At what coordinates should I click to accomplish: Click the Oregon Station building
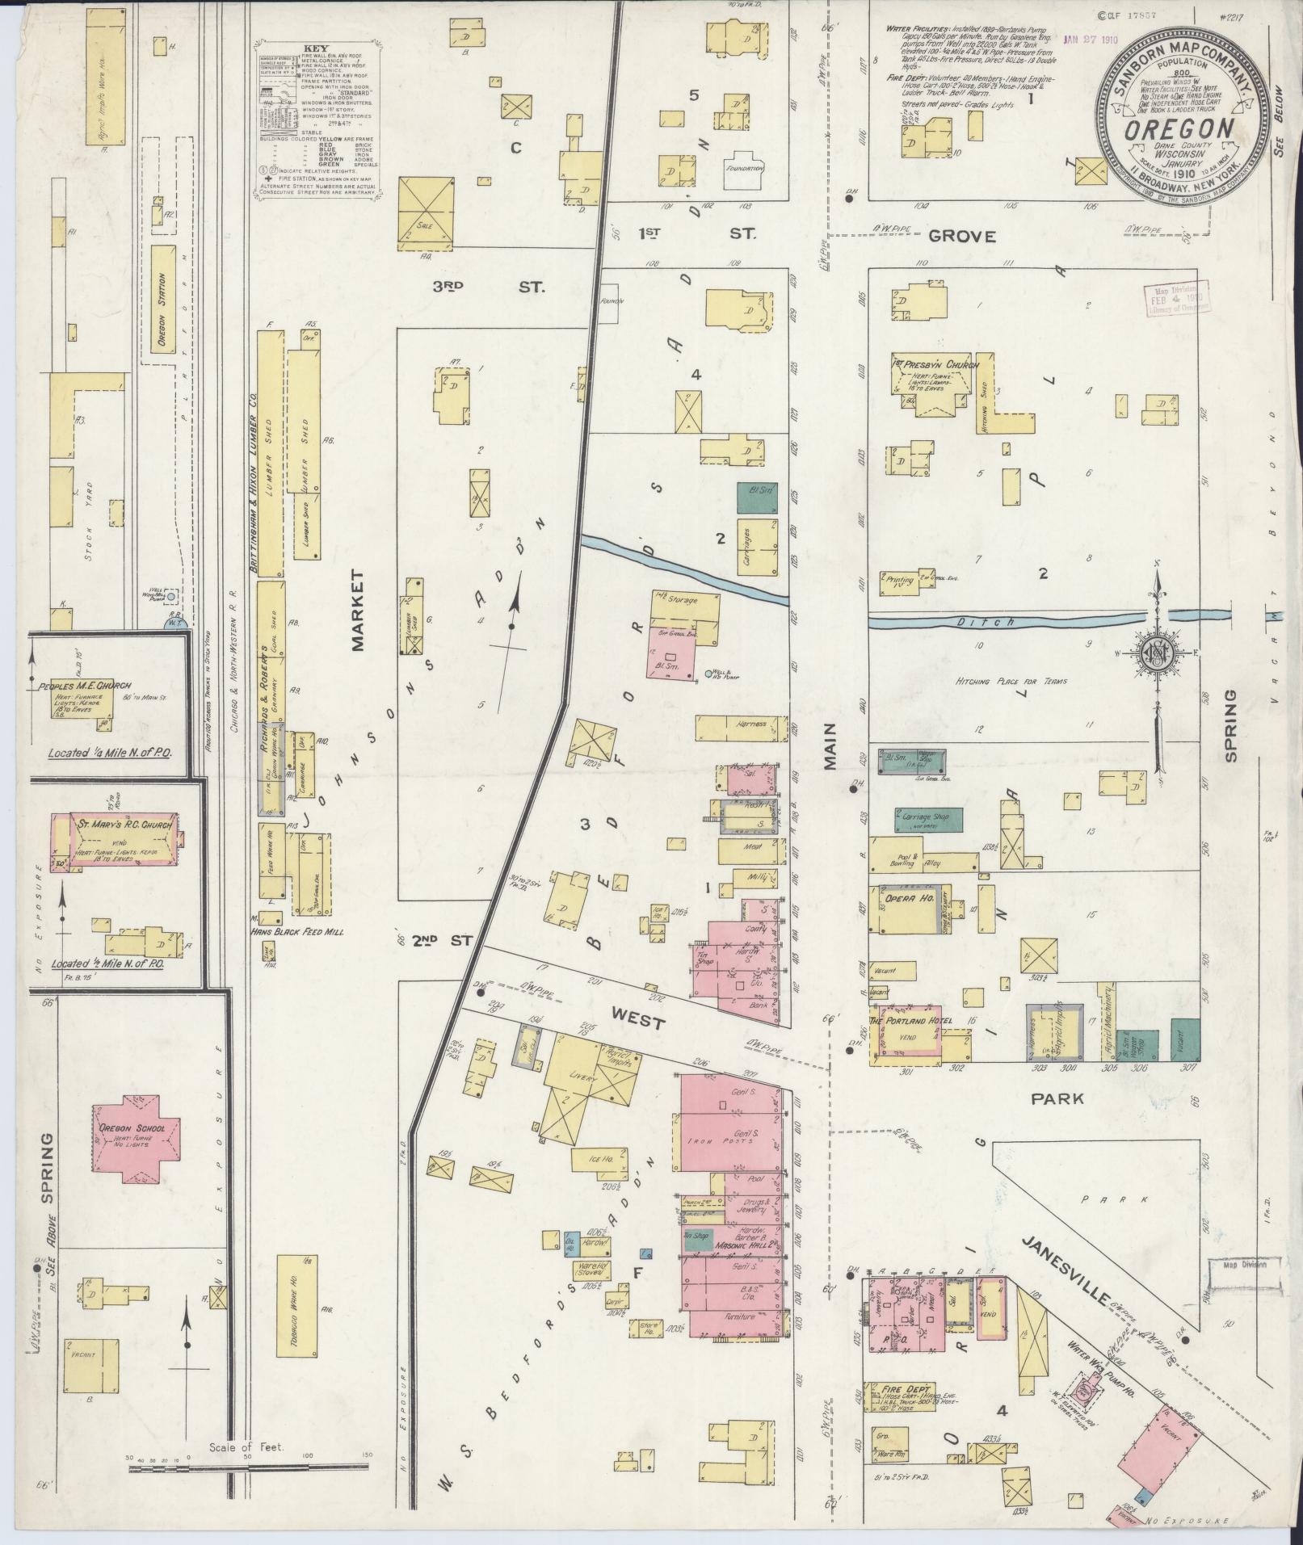pyautogui.click(x=162, y=309)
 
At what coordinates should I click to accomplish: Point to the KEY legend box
pyautogui.click(x=317, y=119)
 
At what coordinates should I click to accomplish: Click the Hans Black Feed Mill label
pyautogui.click(x=298, y=931)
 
